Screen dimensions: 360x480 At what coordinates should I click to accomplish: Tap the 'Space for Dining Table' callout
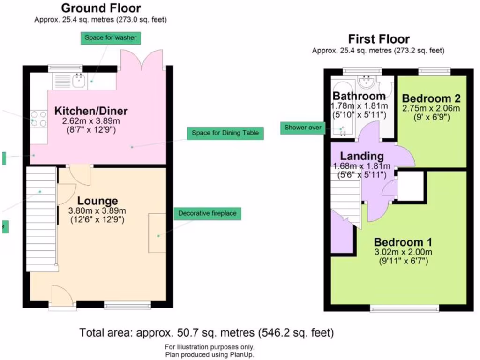(x=225, y=133)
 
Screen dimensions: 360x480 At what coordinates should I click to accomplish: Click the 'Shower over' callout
(x=302, y=127)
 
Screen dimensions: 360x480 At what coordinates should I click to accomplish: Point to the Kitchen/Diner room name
(x=91, y=111)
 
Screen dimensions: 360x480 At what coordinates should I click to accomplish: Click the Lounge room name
(x=97, y=201)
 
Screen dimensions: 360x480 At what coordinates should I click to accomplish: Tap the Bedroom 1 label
(x=403, y=242)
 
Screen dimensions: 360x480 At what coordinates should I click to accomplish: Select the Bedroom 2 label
(x=431, y=98)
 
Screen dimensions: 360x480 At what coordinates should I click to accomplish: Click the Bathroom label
(x=359, y=96)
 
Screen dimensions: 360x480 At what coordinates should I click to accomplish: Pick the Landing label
(x=361, y=156)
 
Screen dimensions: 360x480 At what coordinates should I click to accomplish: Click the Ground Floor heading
(x=101, y=8)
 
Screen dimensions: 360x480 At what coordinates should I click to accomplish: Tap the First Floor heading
(x=378, y=39)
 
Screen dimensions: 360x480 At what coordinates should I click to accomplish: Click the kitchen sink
(x=78, y=81)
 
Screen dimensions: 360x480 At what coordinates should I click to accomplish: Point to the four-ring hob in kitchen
(x=38, y=119)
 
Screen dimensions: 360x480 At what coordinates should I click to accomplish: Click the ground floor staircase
(x=40, y=218)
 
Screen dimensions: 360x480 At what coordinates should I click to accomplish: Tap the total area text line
(x=206, y=333)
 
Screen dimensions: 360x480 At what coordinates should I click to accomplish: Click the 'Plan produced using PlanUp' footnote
(x=210, y=355)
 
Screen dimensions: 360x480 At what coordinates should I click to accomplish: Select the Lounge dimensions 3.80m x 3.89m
(x=97, y=211)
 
